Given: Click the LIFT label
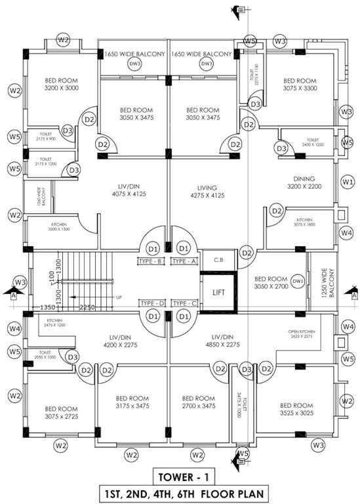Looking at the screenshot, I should coord(218,293).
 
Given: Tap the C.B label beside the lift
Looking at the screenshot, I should coord(218,260).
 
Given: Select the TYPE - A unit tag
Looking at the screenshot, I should coord(184,262).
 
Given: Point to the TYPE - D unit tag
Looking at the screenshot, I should coord(151,303).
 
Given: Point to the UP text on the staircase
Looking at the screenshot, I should coord(118,298).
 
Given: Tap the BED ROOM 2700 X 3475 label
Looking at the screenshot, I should coord(197,402).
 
